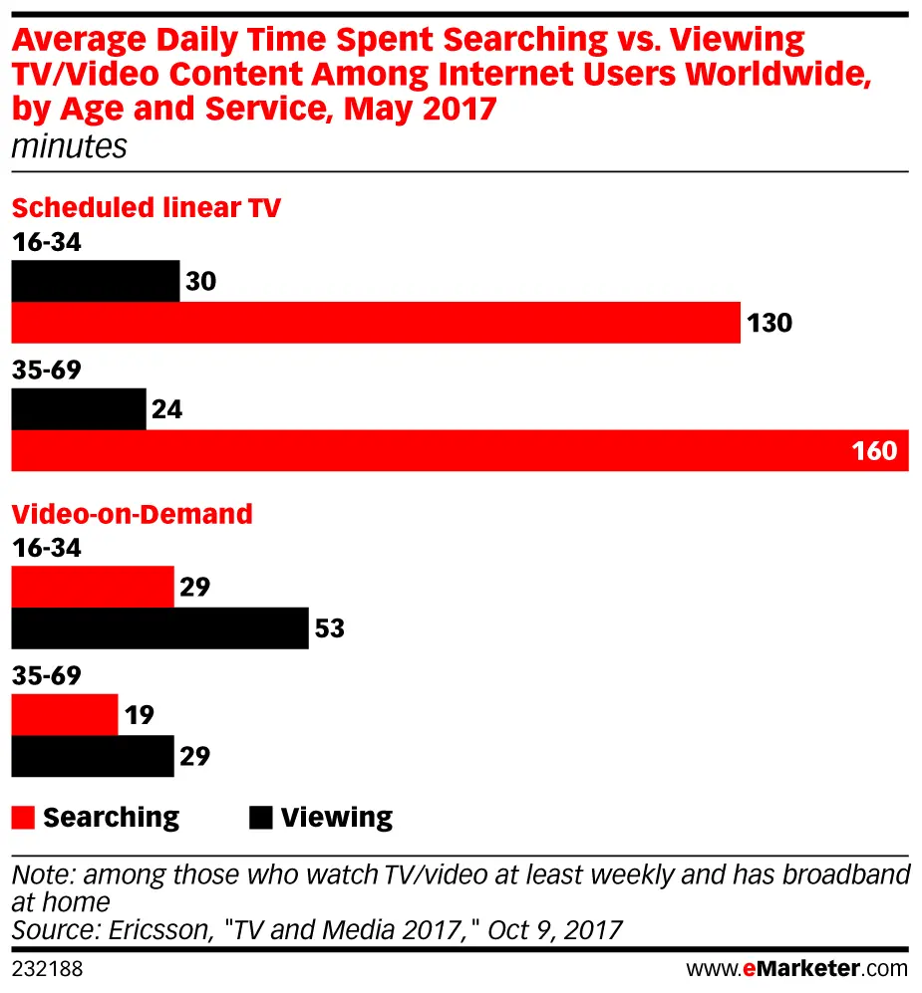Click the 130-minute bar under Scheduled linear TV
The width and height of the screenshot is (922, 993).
(x=376, y=323)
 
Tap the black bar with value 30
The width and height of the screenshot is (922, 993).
(x=96, y=281)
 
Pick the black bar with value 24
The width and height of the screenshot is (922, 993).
(x=79, y=409)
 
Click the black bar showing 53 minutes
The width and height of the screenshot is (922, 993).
(x=159, y=629)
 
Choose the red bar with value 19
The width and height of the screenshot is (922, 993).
(x=65, y=714)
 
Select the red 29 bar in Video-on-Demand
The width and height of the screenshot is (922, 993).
(x=93, y=587)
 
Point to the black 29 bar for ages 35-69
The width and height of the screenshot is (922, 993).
(x=93, y=756)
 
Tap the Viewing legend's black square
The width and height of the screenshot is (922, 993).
(x=260, y=819)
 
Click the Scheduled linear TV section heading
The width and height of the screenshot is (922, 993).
(x=146, y=207)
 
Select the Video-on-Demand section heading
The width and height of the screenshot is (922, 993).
(x=132, y=514)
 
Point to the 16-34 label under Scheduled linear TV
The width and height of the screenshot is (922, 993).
(x=46, y=242)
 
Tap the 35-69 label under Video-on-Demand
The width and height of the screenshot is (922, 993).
(x=46, y=676)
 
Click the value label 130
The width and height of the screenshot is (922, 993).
(x=768, y=323)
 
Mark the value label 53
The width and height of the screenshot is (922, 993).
(x=330, y=629)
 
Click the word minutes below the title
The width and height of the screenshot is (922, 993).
(x=69, y=147)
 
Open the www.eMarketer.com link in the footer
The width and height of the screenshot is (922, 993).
(x=797, y=968)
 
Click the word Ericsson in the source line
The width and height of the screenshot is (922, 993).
(x=143, y=930)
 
